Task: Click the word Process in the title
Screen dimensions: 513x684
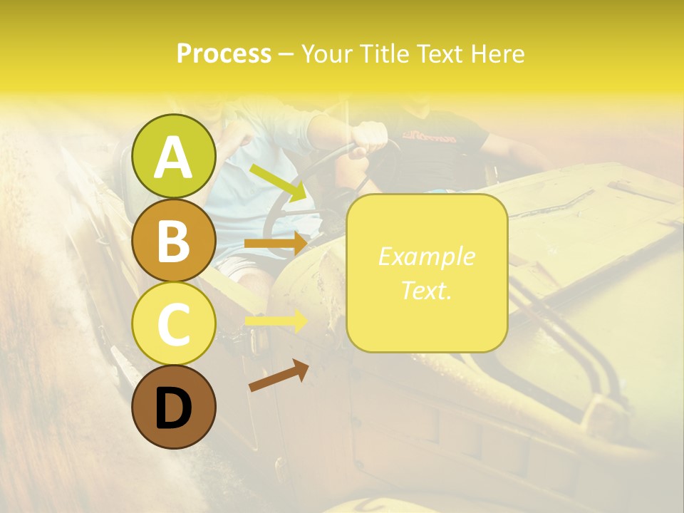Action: (x=224, y=54)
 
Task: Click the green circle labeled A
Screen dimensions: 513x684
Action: (x=174, y=156)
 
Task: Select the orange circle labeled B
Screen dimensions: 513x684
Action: (x=174, y=240)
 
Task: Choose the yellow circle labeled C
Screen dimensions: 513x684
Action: (x=174, y=323)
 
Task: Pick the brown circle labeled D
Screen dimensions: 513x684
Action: (x=174, y=407)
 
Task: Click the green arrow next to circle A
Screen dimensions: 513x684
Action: (x=278, y=182)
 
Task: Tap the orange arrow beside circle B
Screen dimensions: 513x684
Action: (x=275, y=244)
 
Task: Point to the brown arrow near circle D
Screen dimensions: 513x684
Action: (x=279, y=375)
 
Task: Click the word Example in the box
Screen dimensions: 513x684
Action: (x=426, y=256)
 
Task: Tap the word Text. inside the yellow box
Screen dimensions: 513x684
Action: (x=426, y=291)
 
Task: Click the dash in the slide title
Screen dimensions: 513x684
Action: (x=286, y=54)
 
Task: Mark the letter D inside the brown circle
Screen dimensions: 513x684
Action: (x=174, y=408)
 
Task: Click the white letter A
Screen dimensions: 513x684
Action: (x=174, y=157)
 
